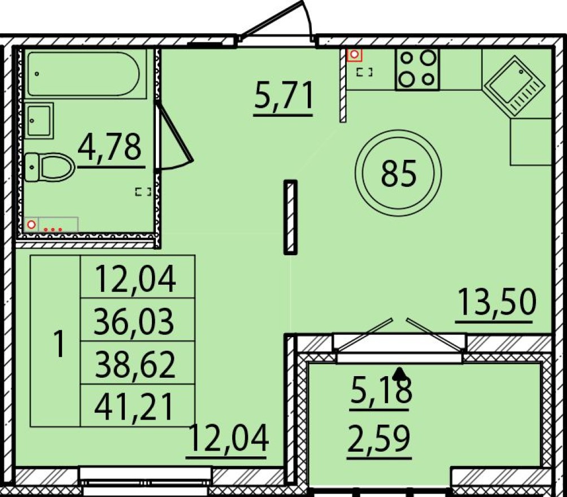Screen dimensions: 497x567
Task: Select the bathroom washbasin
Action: pos(40,120)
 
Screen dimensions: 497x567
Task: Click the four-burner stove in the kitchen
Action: pos(418,69)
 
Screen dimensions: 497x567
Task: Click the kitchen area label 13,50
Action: pos(495,302)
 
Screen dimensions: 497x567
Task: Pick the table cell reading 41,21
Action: pos(136,405)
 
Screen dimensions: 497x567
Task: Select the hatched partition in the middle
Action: pos(290,217)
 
